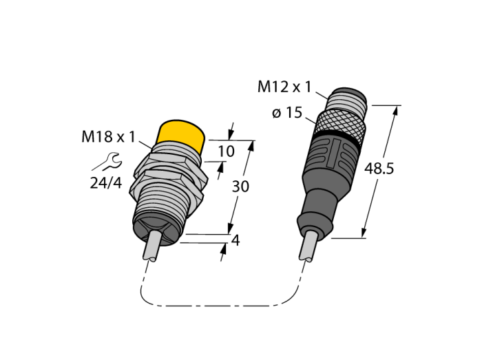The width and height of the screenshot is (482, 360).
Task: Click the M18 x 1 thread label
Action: click(108, 137)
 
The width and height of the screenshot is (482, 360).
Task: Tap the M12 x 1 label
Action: click(284, 87)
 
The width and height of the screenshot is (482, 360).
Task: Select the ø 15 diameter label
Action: click(287, 113)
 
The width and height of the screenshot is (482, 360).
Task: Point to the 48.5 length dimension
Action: click(379, 169)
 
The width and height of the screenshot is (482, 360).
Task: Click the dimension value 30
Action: click(240, 187)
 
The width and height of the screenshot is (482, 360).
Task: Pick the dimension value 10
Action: click(227, 151)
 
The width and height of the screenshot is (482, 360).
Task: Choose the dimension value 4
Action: click(235, 240)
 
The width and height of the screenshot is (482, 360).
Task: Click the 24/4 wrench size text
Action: click(106, 183)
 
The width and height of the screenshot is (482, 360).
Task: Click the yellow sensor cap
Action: click(181, 135)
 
